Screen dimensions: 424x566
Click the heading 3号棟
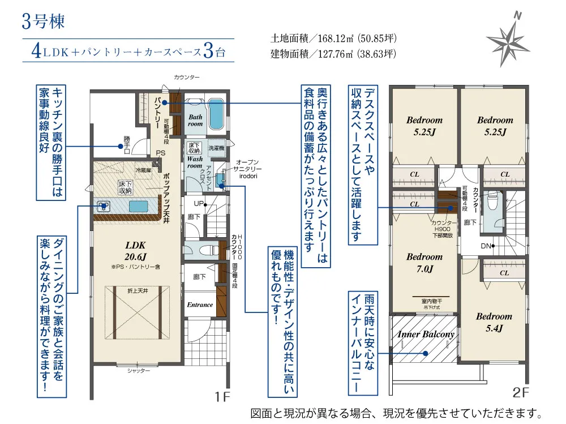[44, 21]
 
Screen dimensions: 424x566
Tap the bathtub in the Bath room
[216, 113]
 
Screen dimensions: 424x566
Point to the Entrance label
[200, 305]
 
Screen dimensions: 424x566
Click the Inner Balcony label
[426, 334]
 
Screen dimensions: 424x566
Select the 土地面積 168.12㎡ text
[333, 39]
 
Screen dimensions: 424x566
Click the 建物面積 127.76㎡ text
[333, 54]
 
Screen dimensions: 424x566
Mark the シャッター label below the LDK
[138, 371]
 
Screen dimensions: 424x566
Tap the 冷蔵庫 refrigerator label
[142, 170]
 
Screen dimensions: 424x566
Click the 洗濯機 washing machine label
[216, 148]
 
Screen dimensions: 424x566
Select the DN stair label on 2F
[486, 246]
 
